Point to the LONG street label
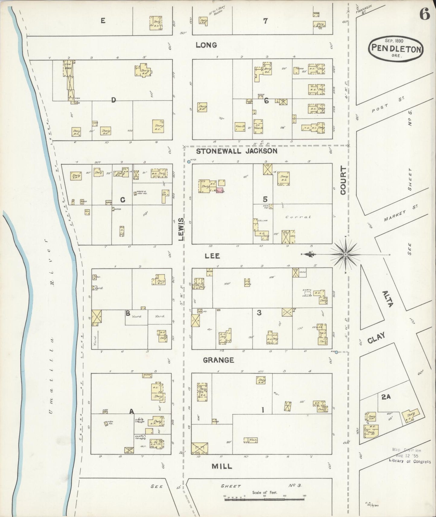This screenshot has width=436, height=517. pyautogui.click(x=206, y=45)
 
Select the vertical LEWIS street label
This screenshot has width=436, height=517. pyautogui.click(x=181, y=229)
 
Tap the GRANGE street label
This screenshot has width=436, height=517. pyautogui.click(x=218, y=360)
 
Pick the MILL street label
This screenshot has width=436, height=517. pyautogui.click(x=222, y=466)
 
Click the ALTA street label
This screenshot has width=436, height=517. pyautogui.click(x=387, y=299)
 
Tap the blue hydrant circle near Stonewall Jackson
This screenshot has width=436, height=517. pyautogui.click(x=189, y=162)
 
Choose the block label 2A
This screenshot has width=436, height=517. pyautogui.click(x=386, y=397)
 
